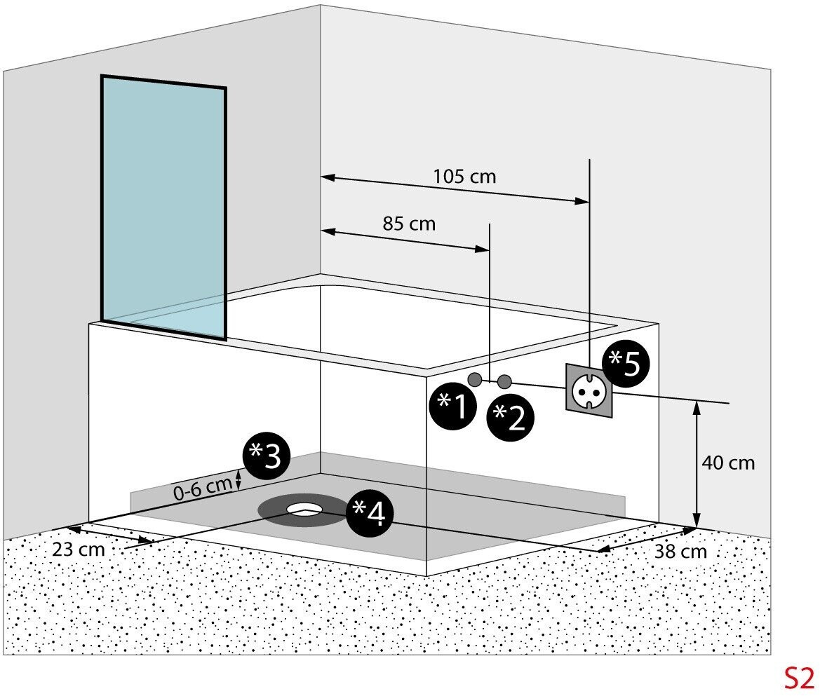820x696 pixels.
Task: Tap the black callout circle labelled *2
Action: pyautogui.click(x=511, y=418)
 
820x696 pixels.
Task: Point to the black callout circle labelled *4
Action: pyautogui.click(x=369, y=515)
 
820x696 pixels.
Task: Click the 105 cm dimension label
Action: pyautogui.click(x=464, y=176)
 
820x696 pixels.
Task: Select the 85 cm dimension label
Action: pyautogui.click(x=409, y=224)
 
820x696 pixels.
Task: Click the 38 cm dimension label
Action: pyautogui.click(x=680, y=552)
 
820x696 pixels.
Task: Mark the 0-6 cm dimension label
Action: pyautogui.click(x=203, y=488)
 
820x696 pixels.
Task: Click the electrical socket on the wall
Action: pyautogui.click(x=589, y=390)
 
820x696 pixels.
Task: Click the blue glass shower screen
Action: pyautogui.click(x=163, y=207)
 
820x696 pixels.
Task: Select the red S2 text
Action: pyautogui.click(x=798, y=678)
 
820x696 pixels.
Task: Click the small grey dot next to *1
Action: pyautogui.click(x=475, y=379)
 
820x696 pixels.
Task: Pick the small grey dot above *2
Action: pyautogui.click(x=504, y=381)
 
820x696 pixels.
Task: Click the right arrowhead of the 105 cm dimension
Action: pyautogui.click(x=582, y=200)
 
